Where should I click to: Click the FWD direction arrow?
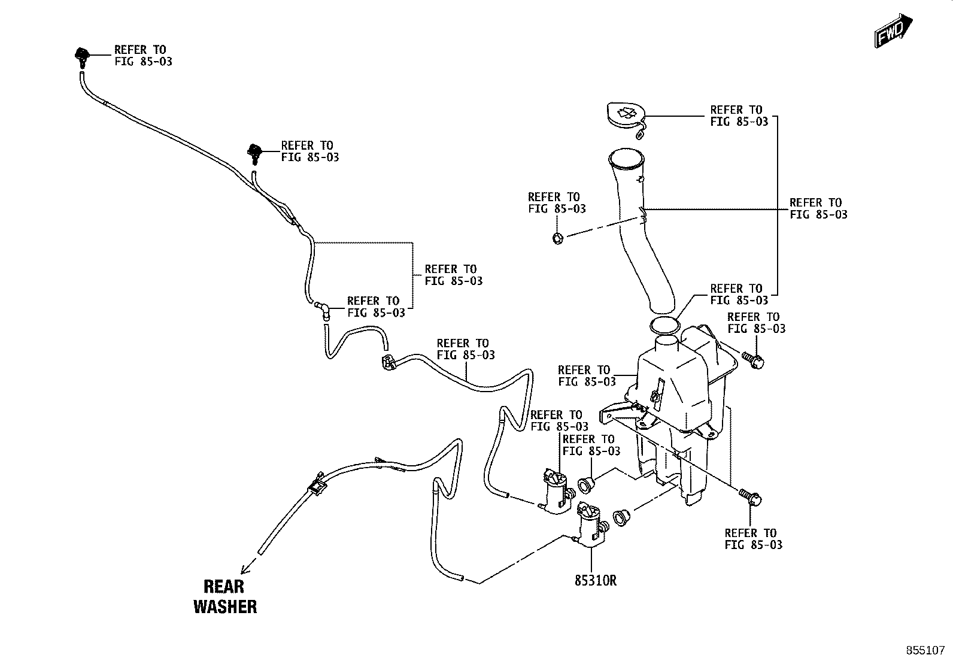[893, 30]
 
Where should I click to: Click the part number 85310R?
[595, 581]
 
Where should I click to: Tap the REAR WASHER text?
[225, 596]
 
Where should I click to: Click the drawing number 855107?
[925, 650]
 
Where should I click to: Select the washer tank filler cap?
[626, 117]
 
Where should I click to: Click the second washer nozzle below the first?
[254, 154]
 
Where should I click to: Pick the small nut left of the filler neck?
[558, 238]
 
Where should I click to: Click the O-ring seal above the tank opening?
[664, 326]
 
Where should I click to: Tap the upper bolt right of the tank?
[753, 360]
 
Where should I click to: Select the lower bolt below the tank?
[751, 498]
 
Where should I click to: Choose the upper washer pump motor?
[557, 491]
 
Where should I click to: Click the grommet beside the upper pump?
[586, 484]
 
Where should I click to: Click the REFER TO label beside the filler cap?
[739, 116]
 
